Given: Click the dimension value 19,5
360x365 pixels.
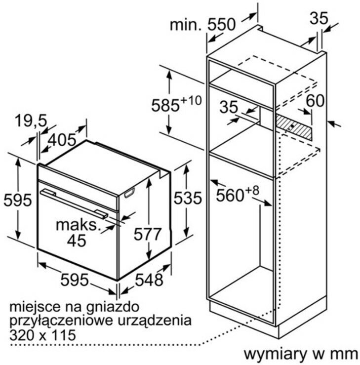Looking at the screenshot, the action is (x=31, y=121).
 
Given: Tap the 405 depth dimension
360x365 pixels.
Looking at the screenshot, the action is (x=62, y=140).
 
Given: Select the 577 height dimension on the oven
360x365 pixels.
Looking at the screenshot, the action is (x=148, y=234).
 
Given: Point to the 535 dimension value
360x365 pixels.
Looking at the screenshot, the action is (x=188, y=198).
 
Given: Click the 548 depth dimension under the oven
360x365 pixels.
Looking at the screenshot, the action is (x=149, y=280).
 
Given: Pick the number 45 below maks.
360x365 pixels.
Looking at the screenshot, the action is (x=77, y=240).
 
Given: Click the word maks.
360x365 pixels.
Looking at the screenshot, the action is (x=77, y=225).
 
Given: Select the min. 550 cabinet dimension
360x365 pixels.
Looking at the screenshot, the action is (x=202, y=24).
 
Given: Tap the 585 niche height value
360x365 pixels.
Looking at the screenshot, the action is (x=165, y=105).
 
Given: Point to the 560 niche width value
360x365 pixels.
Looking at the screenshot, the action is (x=230, y=195).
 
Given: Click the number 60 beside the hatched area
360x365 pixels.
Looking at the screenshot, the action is (x=315, y=101).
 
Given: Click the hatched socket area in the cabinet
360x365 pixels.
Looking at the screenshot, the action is (x=294, y=127).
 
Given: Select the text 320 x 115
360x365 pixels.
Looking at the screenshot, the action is (x=43, y=335).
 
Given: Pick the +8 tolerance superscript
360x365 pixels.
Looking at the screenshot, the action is (x=252, y=191).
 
